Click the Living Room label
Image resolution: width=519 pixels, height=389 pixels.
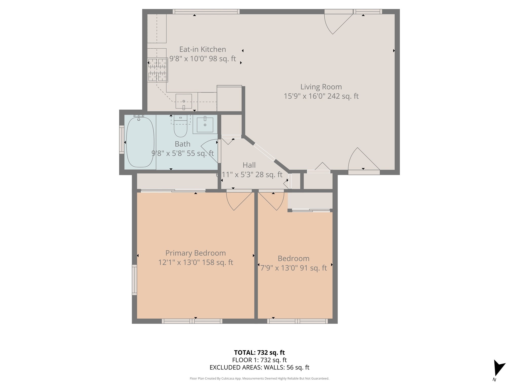(321, 87)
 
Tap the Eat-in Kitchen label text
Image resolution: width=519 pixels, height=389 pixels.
(202, 49)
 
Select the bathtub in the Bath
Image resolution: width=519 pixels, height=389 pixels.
(140, 142)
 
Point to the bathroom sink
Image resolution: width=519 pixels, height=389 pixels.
(205, 124)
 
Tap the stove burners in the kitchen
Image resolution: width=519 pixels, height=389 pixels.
(158, 70)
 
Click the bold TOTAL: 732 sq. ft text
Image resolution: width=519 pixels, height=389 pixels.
(259, 353)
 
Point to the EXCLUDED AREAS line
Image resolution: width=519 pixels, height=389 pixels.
(259, 367)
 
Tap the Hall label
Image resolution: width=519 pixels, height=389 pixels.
(249, 165)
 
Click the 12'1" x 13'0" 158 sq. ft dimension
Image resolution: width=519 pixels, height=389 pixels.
(196, 262)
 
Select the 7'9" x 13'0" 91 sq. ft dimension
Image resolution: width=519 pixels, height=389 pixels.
(293, 268)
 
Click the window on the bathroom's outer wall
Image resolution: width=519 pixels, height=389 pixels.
(122, 140)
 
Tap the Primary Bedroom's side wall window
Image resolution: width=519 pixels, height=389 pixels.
(134, 280)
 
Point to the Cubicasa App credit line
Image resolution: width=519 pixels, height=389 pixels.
(259, 378)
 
